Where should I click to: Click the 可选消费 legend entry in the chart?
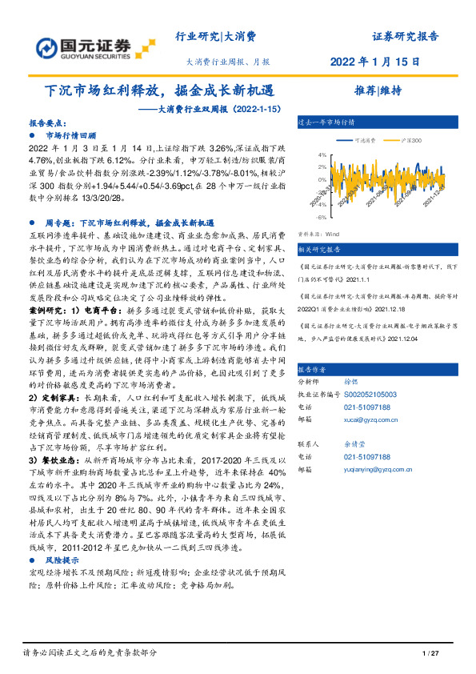(368, 139)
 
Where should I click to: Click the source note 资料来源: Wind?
(318, 235)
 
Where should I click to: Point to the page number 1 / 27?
(430, 656)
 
